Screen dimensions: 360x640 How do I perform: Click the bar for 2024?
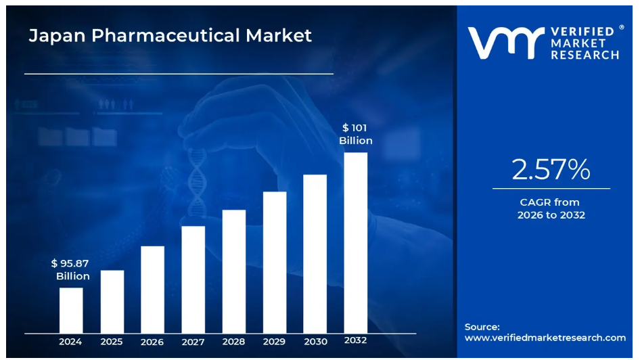pyautogui.click(x=71, y=310)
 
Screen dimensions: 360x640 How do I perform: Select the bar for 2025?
pyautogui.click(x=112, y=301)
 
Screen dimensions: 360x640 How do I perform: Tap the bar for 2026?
pyautogui.click(x=152, y=289)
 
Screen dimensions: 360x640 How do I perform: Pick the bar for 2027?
pyautogui.click(x=193, y=279)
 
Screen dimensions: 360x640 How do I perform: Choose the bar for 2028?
pyautogui.click(x=234, y=271)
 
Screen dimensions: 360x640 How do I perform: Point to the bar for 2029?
pyautogui.click(x=275, y=262)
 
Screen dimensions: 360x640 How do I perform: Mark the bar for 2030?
pyautogui.click(x=315, y=253)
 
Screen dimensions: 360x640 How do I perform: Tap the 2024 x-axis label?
pyautogui.click(x=70, y=342)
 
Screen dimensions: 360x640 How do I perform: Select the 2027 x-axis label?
pyautogui.click(x=193, y=342)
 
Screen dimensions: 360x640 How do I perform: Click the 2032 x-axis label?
pyautogui.click(x=356, y=340)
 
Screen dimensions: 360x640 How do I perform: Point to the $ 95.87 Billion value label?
pyautogui.click(x=70, y=269)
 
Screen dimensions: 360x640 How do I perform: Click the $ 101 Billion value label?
pyautogui.click(x=356, y=134)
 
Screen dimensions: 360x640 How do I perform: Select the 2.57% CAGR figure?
pyautogui.click(x=551, y=170)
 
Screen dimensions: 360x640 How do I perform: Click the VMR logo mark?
pyautogui.click(x=505, y=43)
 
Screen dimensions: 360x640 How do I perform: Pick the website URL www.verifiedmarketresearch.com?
pyautogui.click(x=545, y=338)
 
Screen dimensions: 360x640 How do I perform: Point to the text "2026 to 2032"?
pyautogui.click(x=551, y=215)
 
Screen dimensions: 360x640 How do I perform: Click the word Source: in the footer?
pyautogui.click(x=482, y=326)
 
